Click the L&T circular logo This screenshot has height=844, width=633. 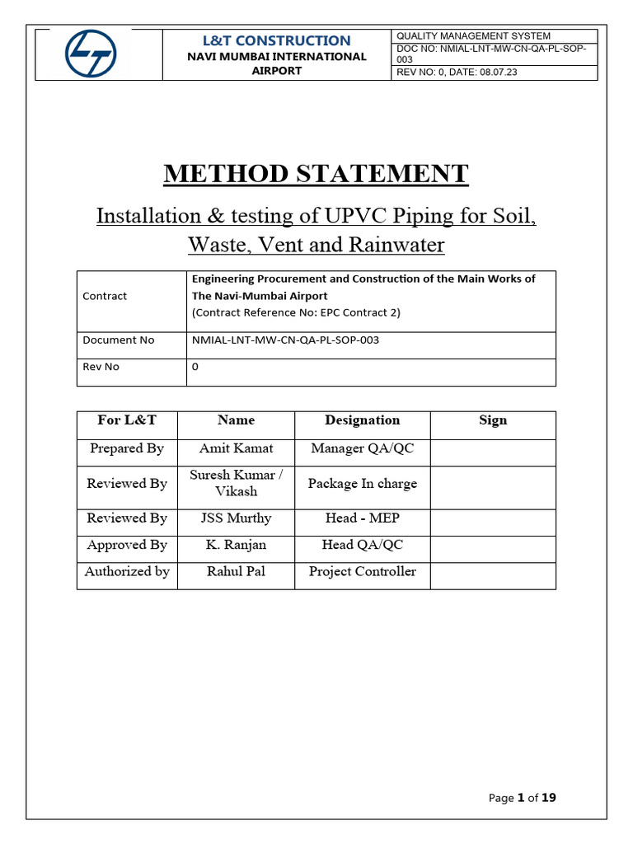pos(91,54)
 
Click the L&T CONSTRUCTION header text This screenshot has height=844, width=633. pos(276,40)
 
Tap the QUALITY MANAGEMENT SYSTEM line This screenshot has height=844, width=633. pos(473,35)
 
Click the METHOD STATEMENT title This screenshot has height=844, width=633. pos(316,174)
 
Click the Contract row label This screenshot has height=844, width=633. pos(105,296)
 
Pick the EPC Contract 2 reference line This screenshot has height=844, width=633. pos(296,313)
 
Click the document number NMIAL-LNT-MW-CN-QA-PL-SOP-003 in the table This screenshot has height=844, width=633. pos(285,340)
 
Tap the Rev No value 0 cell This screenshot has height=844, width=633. pos(195,367)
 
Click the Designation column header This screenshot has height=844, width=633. pos(362,420)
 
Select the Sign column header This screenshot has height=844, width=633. pos(493,420)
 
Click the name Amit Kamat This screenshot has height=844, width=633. pos(236,449)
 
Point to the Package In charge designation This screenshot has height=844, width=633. pos(362,484)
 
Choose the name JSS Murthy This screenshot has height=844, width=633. pos(236,518)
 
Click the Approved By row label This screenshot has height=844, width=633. pos(127,545)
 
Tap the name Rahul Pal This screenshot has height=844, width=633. pos(236,572)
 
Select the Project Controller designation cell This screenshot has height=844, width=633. pos(362,572)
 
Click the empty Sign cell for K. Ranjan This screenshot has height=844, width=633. pos(493,545)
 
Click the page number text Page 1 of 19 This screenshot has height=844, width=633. pos(522,798)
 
